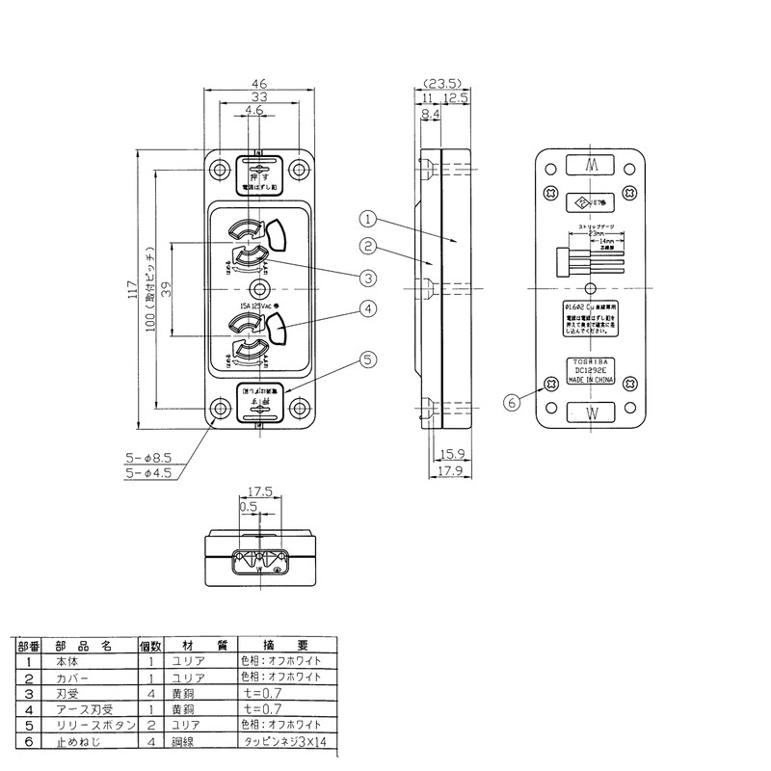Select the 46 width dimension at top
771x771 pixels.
pos(259,85)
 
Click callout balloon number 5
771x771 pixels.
pos(366,360)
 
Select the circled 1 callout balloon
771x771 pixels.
pos(369,218)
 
